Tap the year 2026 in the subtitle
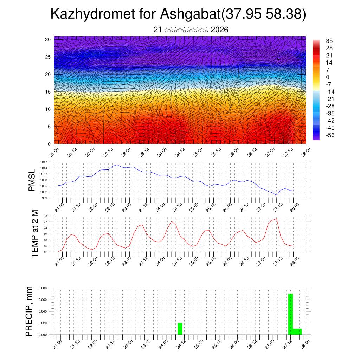coord(219,30)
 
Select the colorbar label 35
coord(329,41)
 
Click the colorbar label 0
coord(328,77)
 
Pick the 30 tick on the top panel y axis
coord(48,39)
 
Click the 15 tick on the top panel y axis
coord(48,92)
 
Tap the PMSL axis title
coord(32,180)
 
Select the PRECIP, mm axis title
coord(30,311)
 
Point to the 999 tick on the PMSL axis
coord(45,198)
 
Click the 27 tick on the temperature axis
coord(46,222)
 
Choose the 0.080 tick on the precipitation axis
coord(43,288)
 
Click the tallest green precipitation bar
coord(290,314)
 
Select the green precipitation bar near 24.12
coord(180,329)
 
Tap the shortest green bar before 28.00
coord(297,332)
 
